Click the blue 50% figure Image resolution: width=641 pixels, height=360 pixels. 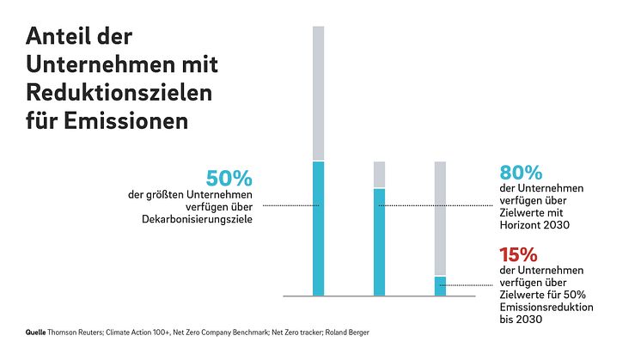point(229,179)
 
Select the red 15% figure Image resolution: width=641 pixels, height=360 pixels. point(518,255)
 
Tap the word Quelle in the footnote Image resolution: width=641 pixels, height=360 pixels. point(35,331)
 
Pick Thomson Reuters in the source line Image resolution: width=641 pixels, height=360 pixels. point(75,331)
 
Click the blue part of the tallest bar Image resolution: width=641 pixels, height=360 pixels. point(318,228)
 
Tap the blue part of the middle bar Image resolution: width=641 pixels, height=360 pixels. point(379,241)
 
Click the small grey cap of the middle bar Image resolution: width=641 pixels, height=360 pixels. point(379,174)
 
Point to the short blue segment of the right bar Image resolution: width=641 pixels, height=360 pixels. point(440,285)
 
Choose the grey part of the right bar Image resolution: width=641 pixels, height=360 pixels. point(440,218)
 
